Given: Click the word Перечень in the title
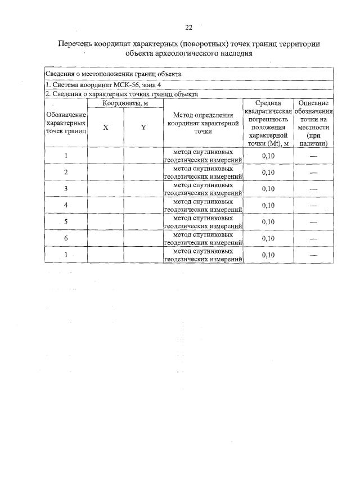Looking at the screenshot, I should [81, 44].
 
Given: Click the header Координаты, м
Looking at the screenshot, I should [125, 103].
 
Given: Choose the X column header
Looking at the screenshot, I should [106, 128].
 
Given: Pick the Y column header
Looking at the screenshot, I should [143, 128].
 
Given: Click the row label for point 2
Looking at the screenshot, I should [66, 172].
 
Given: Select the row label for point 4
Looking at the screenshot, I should [66, 205].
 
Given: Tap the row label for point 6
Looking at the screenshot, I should [66, 238].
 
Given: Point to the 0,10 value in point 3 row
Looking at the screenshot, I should [268, 189].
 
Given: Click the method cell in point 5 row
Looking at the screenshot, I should [203, 222].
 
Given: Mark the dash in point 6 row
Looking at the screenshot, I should [313, 239].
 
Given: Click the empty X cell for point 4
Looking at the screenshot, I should [106, 205].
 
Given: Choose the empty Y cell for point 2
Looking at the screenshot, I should [143, 172].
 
